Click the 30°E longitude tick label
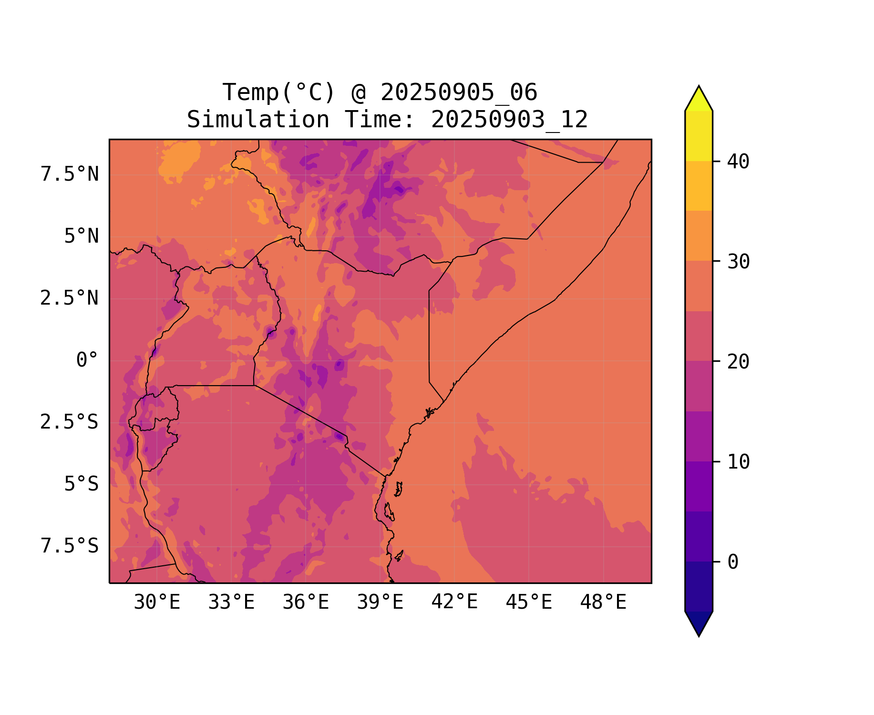[157, 603]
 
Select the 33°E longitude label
[231, 603]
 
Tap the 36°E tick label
[306, 603]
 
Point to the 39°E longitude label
[380, 603]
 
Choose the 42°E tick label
[454, 602]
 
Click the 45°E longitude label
[529, 603]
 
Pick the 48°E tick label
[603, 603]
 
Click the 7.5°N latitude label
[70, 174]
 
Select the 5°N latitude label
[82, 236]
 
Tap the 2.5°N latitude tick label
[70, 298]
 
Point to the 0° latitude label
[87, 360]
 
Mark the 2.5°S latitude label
[70, 422]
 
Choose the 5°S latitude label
[82, 484]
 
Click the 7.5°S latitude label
[70, 546]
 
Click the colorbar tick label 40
[738, 162]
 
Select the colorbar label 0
[733, 562]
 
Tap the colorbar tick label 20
[738, 362]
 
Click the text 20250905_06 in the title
[459, 92]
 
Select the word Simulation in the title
[258, 120]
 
